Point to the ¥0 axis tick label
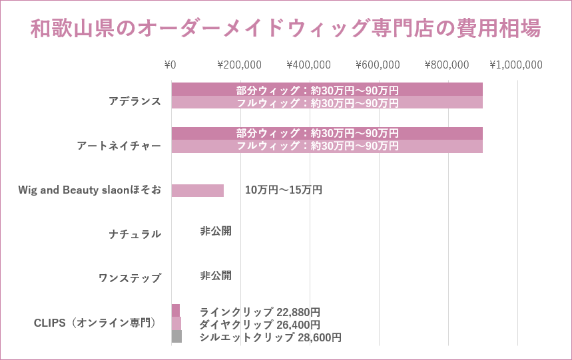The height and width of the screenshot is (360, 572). click(170, 65)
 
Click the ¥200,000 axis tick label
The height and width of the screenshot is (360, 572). click(239, 65)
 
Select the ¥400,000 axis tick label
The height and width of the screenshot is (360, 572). click(308, 65)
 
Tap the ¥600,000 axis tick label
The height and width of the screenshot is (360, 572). click(378, 65)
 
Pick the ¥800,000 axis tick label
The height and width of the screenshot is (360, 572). click(447, 65)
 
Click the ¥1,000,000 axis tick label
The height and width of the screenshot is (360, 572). click(516, 65)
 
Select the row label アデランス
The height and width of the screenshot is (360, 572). click(135, 101)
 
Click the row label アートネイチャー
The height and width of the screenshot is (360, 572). click(119, 146)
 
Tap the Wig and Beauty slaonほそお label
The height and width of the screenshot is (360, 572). click(89, 190)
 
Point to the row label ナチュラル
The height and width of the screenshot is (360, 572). click(135, 234)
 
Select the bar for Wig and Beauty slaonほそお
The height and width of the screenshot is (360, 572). click(197, 191)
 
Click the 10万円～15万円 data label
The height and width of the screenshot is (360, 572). click(284, 190)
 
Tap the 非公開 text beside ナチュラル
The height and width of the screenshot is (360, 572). click(216, 232)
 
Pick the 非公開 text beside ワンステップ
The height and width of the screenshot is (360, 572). click(216, 275)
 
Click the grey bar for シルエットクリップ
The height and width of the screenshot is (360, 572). click(176, 337)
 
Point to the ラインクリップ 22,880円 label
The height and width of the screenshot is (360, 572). click(260, 312)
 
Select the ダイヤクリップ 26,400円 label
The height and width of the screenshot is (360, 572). click(260, 325)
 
